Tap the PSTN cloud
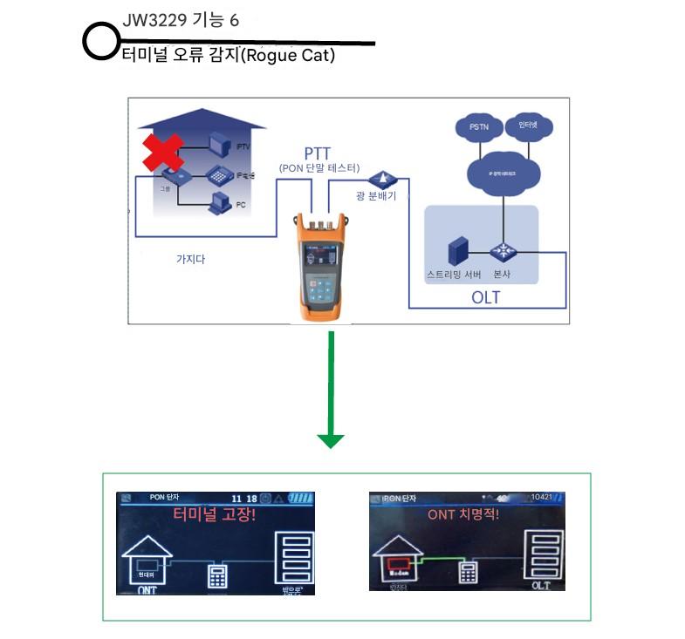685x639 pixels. click(x=479, y=126)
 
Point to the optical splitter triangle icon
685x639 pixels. click(x=381, y=179)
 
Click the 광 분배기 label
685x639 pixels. click(x=376, y=197)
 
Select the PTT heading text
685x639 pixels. click(x=318, y=153)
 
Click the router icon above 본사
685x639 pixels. click(x=503, y=250)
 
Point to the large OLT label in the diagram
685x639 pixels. click(x=485, y=297)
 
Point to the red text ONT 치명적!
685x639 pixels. click(x=463, y=514)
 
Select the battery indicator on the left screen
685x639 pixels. click(x=300, y=499)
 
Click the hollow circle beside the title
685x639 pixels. click(x=100, y=42)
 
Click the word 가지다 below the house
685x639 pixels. click(x=190, y=259)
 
